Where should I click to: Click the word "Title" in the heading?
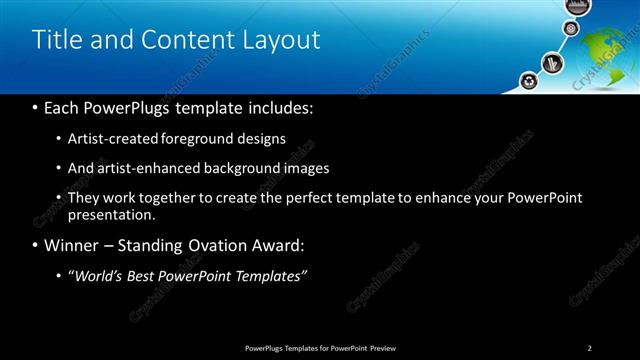55,40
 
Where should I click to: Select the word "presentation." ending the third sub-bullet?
112,215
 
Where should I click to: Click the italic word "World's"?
102,276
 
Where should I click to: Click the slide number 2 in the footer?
590,347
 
